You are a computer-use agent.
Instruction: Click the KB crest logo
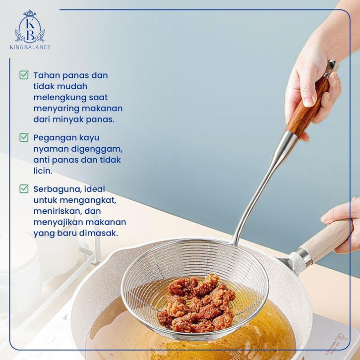click(30, 26)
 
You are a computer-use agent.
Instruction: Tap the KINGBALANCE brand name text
click(30, 47)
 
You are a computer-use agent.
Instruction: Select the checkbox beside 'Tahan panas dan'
click(24, 75)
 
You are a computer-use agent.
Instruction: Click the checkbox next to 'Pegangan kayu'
click(24, 137)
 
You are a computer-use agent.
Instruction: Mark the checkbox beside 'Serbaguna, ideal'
click(24, 188)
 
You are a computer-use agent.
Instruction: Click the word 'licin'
click(43, 171)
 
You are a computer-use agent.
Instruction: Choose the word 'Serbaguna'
click(58, 189)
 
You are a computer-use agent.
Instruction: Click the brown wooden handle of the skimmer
click(308, 109)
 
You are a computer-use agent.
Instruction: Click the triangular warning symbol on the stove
click(341, 337)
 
